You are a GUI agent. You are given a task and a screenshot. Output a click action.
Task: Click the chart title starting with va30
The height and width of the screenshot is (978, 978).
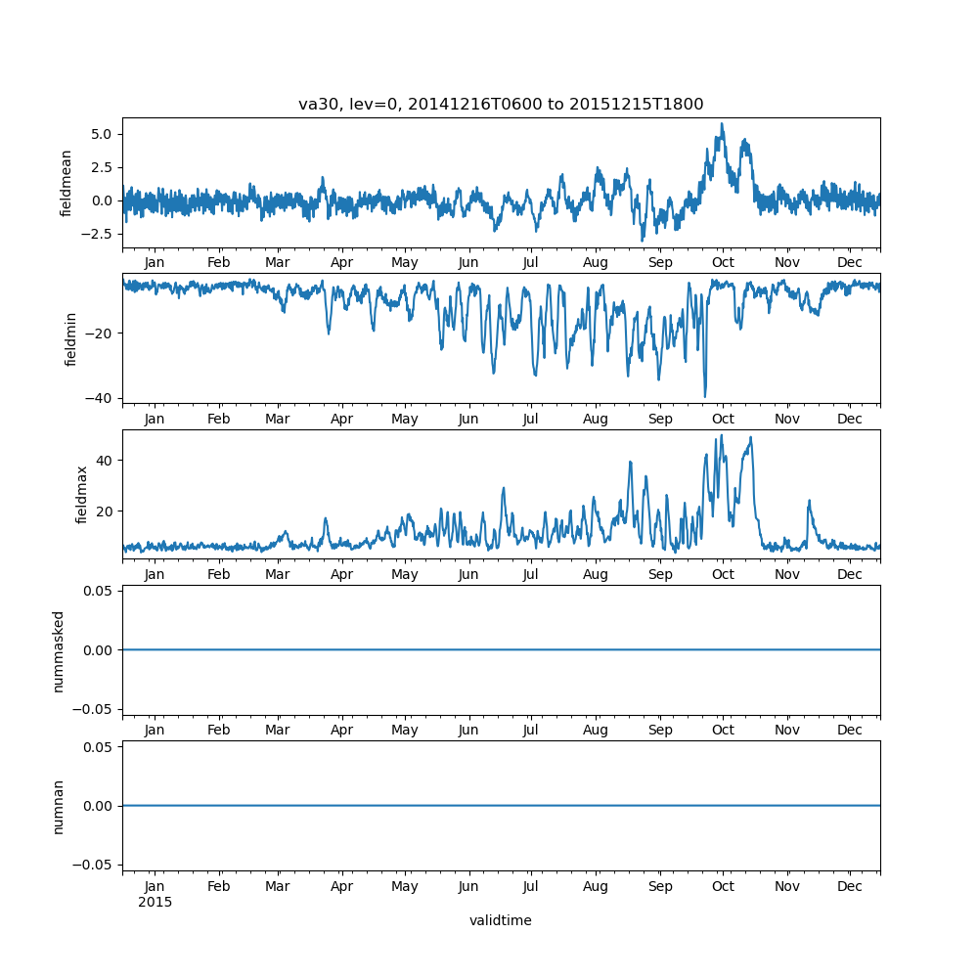(501, 105)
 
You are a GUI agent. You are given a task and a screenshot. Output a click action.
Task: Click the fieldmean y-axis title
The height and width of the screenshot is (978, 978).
(67, 183)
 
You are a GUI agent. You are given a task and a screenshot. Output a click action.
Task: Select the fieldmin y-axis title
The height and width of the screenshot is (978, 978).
(71, 338)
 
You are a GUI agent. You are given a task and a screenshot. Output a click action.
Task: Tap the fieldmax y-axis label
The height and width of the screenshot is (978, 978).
(82, 494)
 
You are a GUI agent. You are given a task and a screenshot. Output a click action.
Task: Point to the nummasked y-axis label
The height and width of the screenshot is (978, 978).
(59, 651)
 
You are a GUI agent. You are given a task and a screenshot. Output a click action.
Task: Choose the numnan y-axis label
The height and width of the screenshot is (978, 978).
(59, 806)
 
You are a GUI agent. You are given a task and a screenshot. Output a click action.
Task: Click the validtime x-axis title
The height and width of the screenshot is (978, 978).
(501, 920)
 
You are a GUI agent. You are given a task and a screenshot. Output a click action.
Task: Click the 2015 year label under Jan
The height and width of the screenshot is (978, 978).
(155, 902)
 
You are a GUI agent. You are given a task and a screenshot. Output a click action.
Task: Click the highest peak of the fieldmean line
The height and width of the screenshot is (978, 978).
(722, 124)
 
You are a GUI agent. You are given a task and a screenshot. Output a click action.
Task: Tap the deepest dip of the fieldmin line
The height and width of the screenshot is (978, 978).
(704, 396)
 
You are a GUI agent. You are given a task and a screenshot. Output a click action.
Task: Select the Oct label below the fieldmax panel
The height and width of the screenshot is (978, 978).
(723, 575)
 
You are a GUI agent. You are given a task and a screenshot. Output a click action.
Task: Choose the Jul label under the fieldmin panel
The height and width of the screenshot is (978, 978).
(531, 419)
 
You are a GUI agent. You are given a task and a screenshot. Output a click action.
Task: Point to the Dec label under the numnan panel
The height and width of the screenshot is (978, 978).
(850, 887)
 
